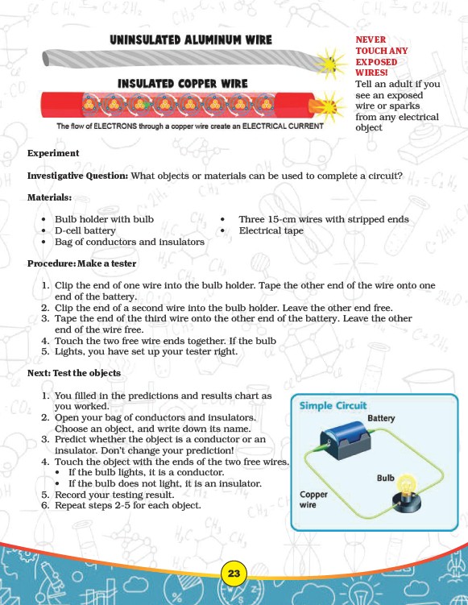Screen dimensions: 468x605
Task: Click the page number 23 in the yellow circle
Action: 234,574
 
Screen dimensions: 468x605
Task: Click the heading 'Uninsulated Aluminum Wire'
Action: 191,39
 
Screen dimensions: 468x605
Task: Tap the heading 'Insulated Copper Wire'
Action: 183,84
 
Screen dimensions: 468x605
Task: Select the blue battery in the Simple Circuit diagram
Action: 345,440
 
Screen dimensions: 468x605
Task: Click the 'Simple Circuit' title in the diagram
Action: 333,405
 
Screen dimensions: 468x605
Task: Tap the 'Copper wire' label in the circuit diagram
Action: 313,499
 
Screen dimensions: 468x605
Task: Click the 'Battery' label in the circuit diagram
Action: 381,418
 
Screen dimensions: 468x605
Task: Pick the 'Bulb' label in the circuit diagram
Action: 385,478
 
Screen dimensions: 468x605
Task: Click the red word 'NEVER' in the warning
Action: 371,39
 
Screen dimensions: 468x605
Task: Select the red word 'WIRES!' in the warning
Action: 371,73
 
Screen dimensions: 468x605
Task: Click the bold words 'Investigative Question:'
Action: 77,176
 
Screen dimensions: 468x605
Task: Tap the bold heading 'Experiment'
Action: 53,153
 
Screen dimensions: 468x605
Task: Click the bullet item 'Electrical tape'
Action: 271,230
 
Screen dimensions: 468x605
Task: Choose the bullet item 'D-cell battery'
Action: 85,230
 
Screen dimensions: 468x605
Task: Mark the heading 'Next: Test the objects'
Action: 73,373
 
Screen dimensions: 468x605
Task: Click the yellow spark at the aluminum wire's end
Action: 331,63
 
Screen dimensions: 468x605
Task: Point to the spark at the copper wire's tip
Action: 329,106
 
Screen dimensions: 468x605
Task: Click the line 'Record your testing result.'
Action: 114,495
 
